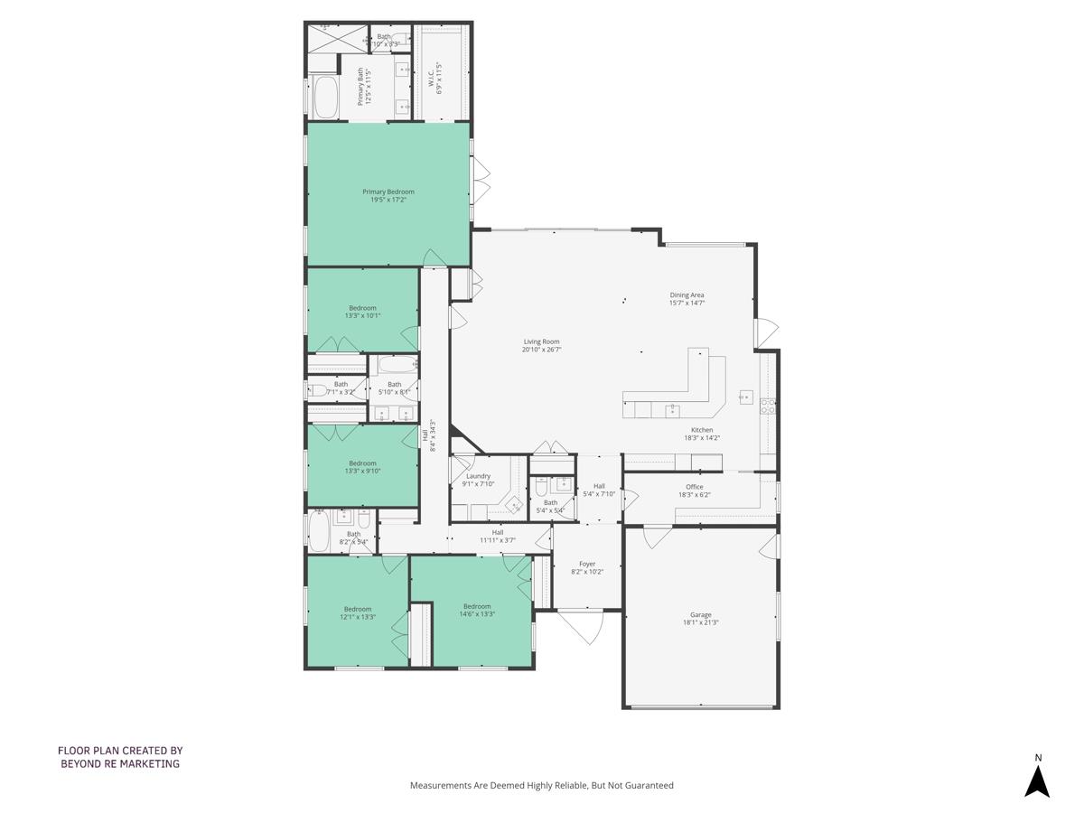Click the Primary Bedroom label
coord(388,192)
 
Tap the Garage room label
coord(701,614)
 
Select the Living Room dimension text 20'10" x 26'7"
coord(542,350)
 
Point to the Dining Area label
coord(687,295)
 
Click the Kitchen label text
coord(702,430)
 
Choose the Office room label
coord(694,487)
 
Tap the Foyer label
coord(587,564)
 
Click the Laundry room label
coord(478,476)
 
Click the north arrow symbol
coord(1037,781)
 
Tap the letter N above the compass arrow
coord(1038,758)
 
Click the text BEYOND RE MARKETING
coord(120,763)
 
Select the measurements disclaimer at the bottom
coord(542,786)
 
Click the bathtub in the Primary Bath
coord(325,97)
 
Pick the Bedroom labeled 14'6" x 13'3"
coord(477,610)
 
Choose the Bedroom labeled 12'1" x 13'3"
coord(359,612)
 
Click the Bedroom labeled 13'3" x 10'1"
coord(362,312)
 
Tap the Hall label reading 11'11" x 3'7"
coord(498,537)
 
